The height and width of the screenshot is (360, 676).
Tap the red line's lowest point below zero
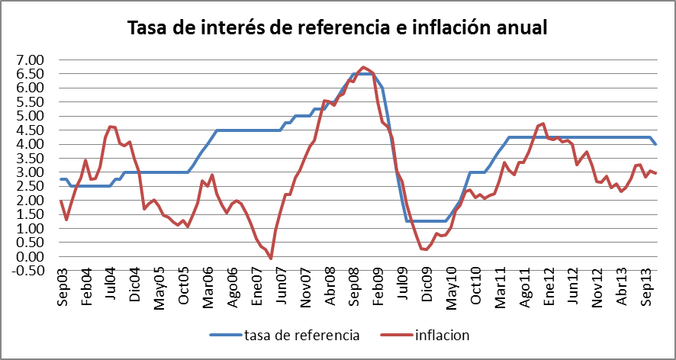pyautogui.click(x=271, y=259)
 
